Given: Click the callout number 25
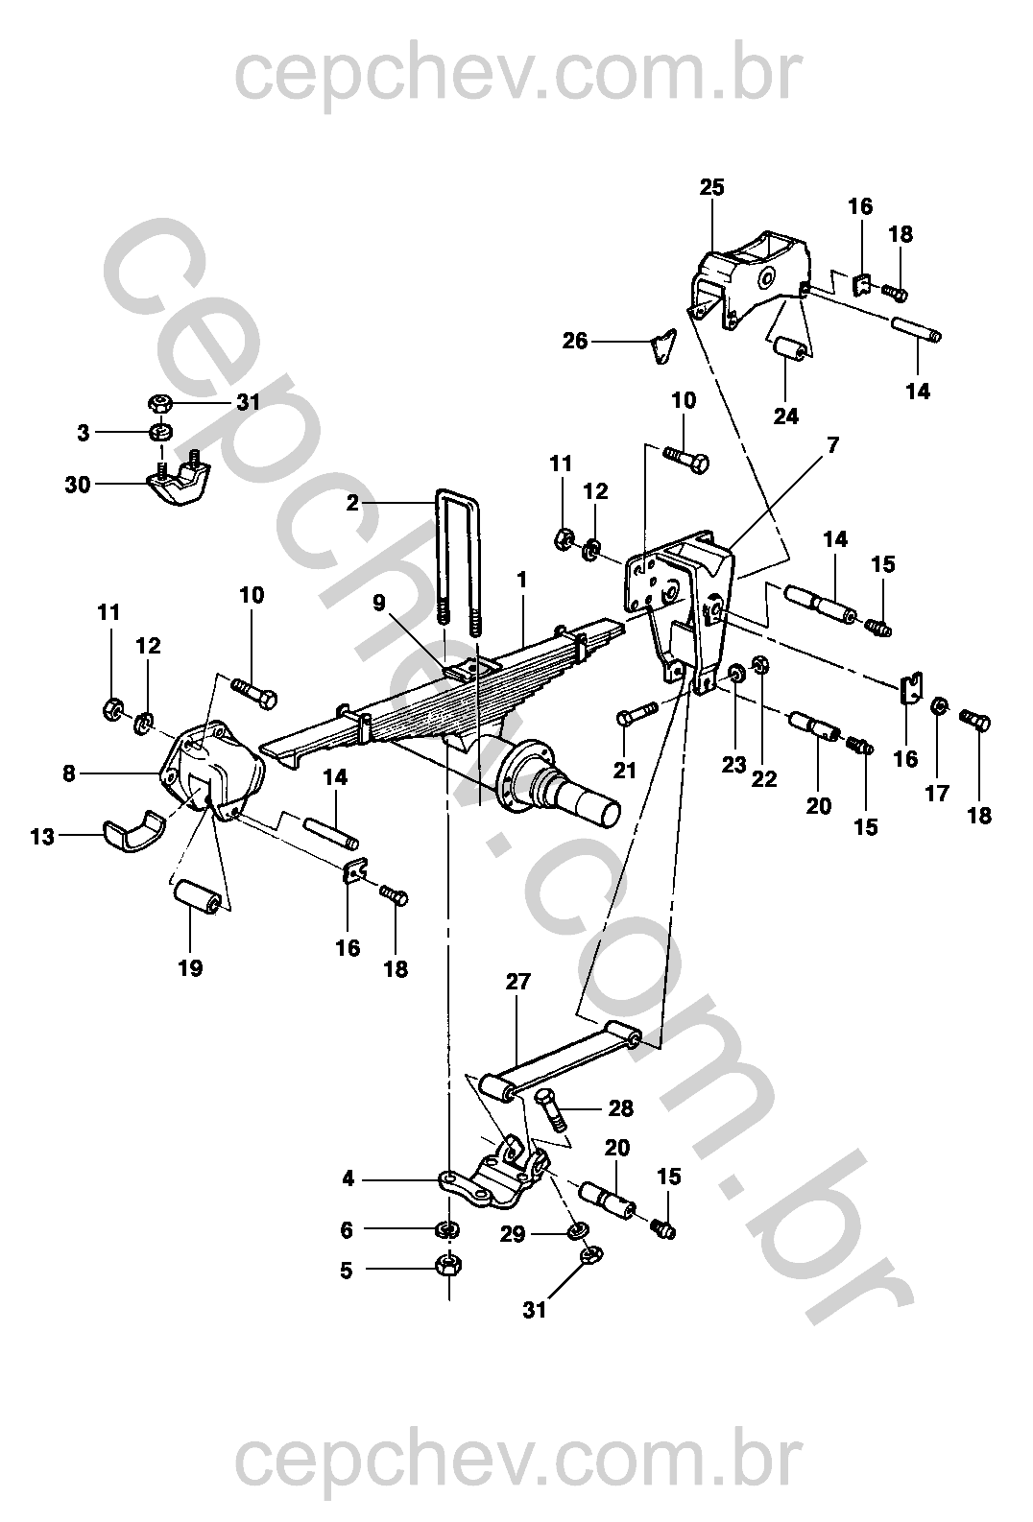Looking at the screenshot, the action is [712, 187].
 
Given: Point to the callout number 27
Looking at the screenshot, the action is [517, 982].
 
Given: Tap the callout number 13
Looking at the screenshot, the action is [42, 837].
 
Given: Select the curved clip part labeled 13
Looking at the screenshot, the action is [134, 830].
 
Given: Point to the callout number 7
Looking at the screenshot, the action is [833, 445].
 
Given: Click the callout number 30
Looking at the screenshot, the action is [78, 486].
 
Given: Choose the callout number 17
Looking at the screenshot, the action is [937, 793].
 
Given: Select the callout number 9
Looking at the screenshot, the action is [379, 603].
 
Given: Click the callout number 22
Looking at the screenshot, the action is [764, 778].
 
